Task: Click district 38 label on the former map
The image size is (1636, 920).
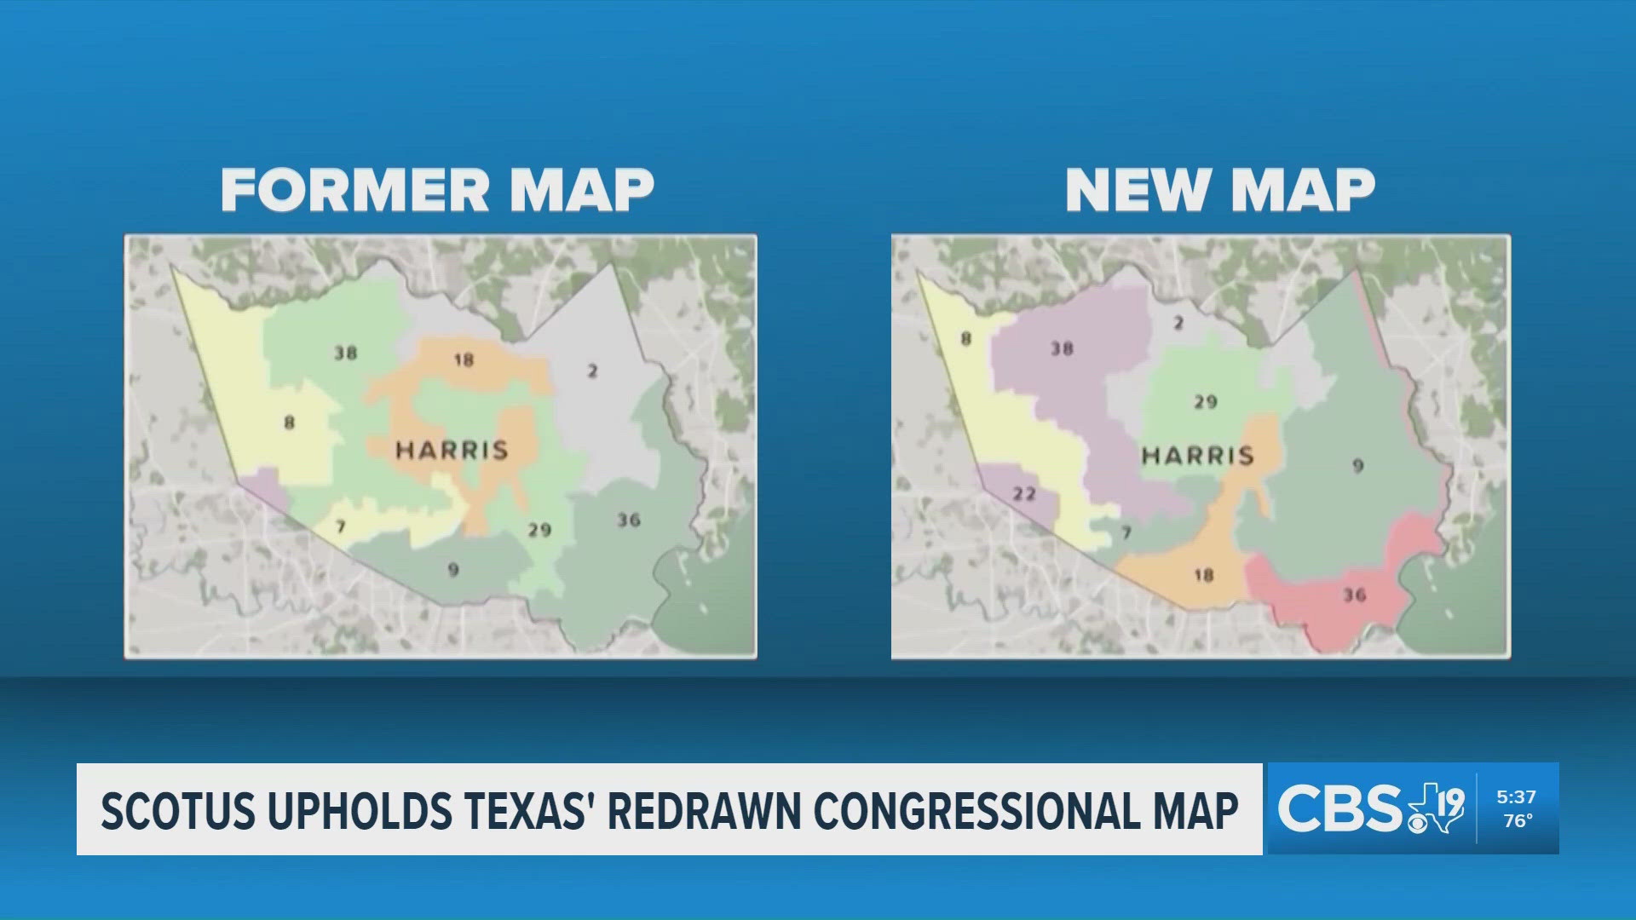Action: tap(345, 353)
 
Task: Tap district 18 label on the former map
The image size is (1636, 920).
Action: tap(464, 359)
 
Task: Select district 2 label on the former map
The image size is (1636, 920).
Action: tap(592, 371)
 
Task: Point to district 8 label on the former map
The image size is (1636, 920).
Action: tap(290, 422)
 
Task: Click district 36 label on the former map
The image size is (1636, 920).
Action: tap(629, 520)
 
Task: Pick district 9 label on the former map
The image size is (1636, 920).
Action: tap(453, 569)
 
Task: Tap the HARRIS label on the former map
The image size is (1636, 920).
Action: tap(452, 450)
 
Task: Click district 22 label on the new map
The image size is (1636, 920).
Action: tap(1024, 494)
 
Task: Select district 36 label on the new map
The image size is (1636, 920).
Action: tap(1355, 595)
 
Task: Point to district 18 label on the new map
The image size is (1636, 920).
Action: tap(1203, 575)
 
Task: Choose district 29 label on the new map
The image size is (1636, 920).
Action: tap(1205, 401)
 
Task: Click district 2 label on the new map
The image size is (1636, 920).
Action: tap(1179, 323)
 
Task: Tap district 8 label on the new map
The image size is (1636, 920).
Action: tap(966, 338)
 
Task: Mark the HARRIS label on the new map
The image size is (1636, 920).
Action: tap(1198, 456)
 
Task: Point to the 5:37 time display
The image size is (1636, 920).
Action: tap(1516, 797)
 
